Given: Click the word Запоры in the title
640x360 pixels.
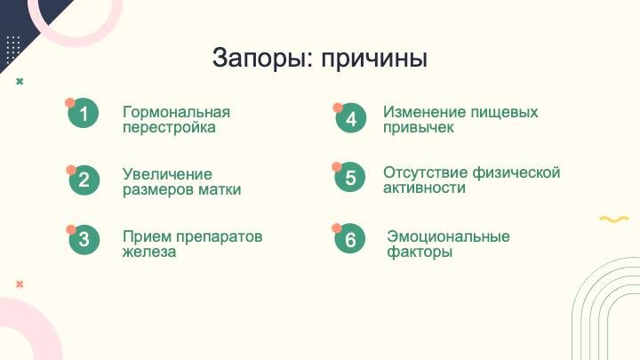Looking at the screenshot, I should tap(254, 60).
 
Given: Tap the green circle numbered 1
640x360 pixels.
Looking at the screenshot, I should tap(84, 114).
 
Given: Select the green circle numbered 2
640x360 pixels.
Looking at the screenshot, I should tap(84, 180).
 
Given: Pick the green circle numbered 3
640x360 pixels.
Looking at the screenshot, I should tap(84, 239).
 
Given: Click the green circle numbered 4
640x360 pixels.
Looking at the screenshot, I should tap(351, 119).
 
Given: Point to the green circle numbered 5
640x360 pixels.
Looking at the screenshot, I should tap(350, 178).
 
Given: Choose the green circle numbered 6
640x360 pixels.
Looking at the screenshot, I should tap(350, 240).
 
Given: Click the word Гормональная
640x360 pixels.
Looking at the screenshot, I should tap(176, 112).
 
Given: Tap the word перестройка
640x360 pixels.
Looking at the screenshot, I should tap(169, 127).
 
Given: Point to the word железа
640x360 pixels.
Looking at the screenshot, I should tap(149, 252).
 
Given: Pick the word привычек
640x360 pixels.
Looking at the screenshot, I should tap(419, 127).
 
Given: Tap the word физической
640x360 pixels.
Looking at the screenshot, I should tap(517, 172).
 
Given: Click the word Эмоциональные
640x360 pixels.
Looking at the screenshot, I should tap(449, 236).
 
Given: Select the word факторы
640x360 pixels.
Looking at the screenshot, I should tap(420, 252).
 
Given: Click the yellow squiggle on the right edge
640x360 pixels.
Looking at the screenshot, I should tap(613, 219).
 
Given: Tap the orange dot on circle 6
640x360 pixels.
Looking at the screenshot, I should tap(338, 228).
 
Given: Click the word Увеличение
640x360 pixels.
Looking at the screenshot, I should tap(167, 174).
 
